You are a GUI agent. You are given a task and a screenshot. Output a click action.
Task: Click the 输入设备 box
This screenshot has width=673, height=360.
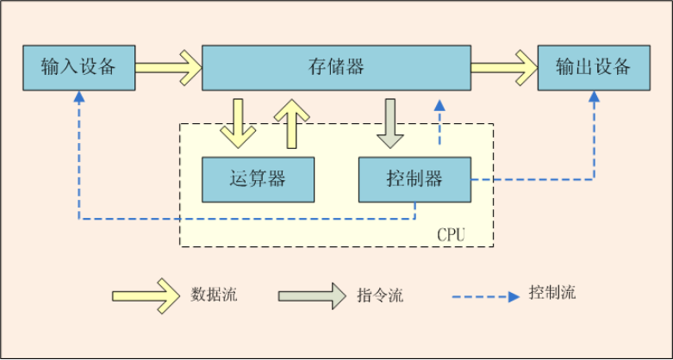(x=78, y=67)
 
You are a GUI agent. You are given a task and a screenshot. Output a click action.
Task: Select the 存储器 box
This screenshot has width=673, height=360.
(x=336, y=67)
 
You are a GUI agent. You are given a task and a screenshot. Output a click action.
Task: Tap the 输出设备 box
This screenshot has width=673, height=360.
(x=593, y=67)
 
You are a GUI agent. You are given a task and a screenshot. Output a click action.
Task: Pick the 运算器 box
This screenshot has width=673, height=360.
(x=258, y=179)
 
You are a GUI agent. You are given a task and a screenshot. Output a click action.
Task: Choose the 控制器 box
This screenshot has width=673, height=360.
(x=414, y=179)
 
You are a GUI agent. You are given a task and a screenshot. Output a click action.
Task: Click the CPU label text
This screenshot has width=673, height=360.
(x=452, y=234)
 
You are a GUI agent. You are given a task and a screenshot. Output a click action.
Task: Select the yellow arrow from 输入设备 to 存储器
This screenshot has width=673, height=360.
(x=167, y=67)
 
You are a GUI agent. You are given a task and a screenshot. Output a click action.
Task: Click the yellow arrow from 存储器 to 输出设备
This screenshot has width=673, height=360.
(x=503, y=67)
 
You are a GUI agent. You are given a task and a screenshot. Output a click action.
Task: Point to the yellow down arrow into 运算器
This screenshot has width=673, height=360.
(x=238, y=122)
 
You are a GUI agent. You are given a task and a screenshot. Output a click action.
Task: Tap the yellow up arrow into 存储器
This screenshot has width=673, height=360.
(x=290, y=122)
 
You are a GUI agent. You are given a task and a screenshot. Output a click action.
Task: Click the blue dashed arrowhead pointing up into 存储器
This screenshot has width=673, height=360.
(x=439, y=105)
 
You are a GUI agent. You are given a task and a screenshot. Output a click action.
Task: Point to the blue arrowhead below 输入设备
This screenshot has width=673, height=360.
(x=78, y=97)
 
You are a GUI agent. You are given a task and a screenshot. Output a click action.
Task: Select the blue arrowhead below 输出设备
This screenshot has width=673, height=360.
(x=594, y=97)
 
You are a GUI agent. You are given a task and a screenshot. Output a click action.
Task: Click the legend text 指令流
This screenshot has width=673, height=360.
(x=380, y=295)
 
